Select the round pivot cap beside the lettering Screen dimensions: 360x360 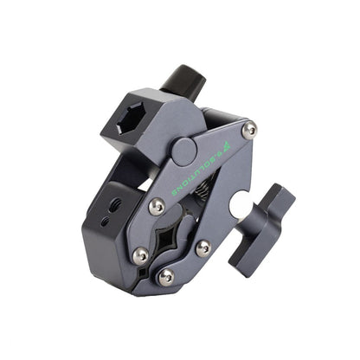tap(185, 151)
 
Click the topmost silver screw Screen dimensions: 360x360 tap(249, 130)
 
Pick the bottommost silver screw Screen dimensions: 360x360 tap(166, 276)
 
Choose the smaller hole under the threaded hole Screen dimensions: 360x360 tap(105, 222)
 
